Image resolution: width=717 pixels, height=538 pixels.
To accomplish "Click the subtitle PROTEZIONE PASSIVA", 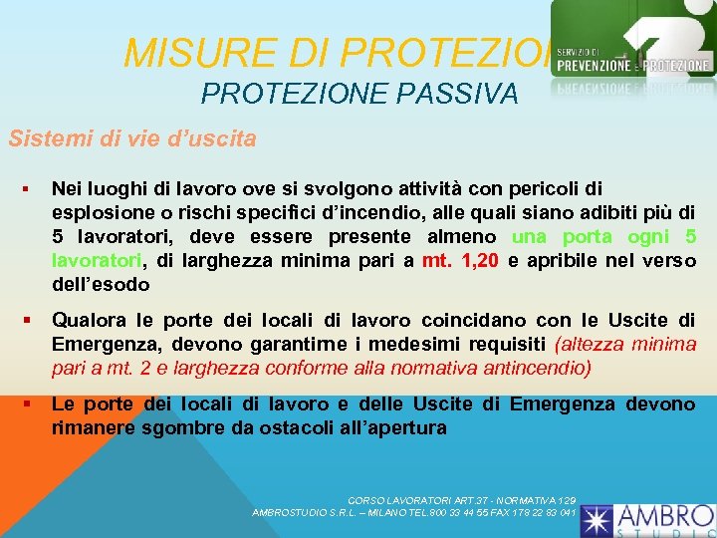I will (358, 94).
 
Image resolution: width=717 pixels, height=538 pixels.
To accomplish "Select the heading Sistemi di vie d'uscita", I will (131, 138).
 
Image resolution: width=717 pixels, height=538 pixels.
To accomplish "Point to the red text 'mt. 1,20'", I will (460, 261).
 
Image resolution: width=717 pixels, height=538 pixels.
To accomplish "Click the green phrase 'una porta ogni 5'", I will (603, 237).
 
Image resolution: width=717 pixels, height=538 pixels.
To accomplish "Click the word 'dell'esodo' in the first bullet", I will (101, 285).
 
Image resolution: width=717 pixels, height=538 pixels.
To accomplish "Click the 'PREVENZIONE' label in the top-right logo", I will (594, 66).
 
